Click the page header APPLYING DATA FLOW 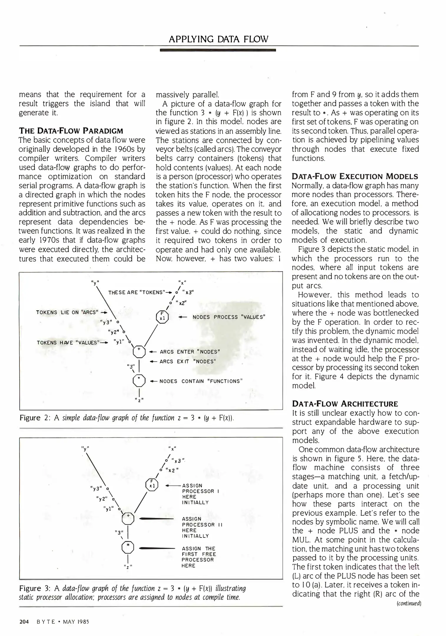click(x=218, y=39)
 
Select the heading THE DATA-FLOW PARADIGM click(x=71, y=131)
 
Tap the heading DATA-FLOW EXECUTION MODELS click(x=355, y=176)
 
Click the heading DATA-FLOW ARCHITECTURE click(x=345, y=404)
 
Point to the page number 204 click(x=24, y=622)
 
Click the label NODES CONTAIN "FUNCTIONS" click(x=201, y=381)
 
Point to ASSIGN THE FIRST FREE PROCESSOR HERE click(x=199, y=557)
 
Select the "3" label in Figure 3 click(x=119, y=532)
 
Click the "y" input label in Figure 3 click(x=85, y=449)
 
